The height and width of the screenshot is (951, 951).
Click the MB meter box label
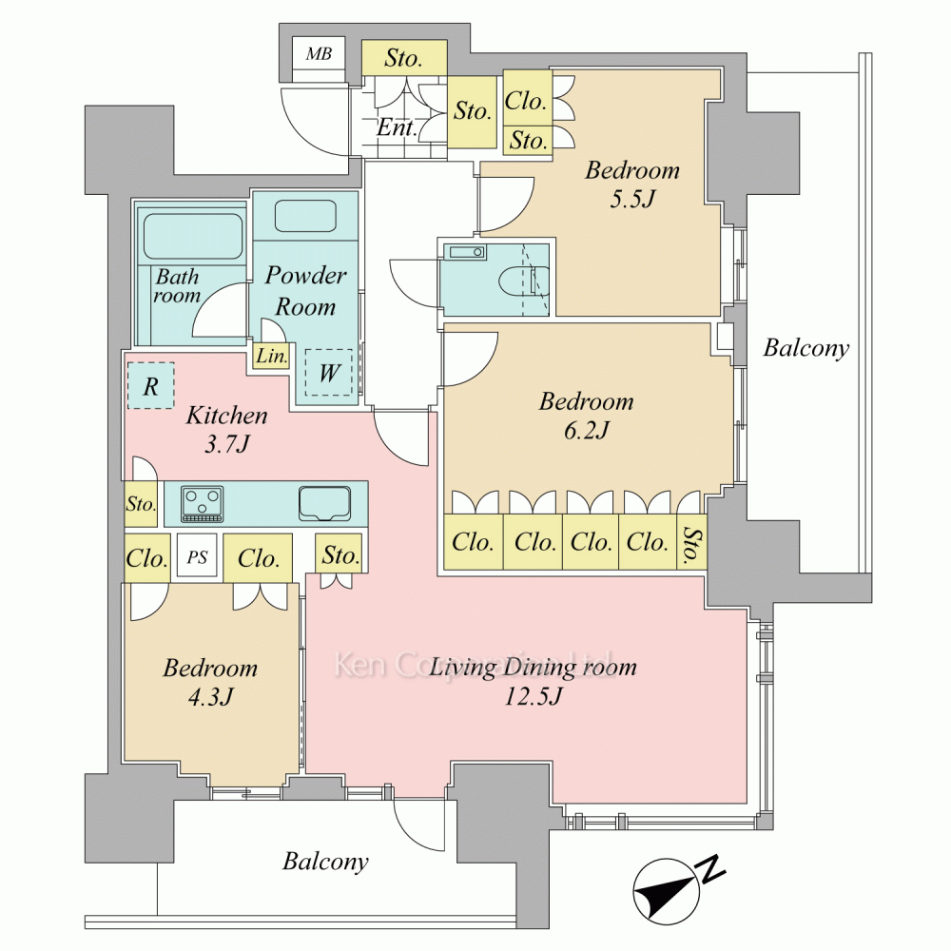319,54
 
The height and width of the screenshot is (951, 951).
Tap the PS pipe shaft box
197,557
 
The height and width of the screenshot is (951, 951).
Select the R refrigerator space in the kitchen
151,386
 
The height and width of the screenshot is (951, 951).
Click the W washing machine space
328,373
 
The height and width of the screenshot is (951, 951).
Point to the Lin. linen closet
271,355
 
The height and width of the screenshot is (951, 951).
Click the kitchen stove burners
203,503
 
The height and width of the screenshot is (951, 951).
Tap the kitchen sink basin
324,503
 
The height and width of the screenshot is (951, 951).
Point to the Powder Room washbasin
305,216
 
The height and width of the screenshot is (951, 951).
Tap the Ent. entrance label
396,127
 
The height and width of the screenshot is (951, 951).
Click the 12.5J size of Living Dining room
534,696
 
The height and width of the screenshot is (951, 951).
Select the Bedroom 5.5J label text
632,184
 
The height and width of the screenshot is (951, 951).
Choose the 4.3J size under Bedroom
210,697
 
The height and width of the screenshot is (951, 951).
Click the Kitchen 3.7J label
227,430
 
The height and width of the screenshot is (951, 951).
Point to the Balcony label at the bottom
325,862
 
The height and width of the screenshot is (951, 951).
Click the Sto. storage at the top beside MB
404,58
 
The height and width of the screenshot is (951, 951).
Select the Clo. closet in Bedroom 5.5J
527,99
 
